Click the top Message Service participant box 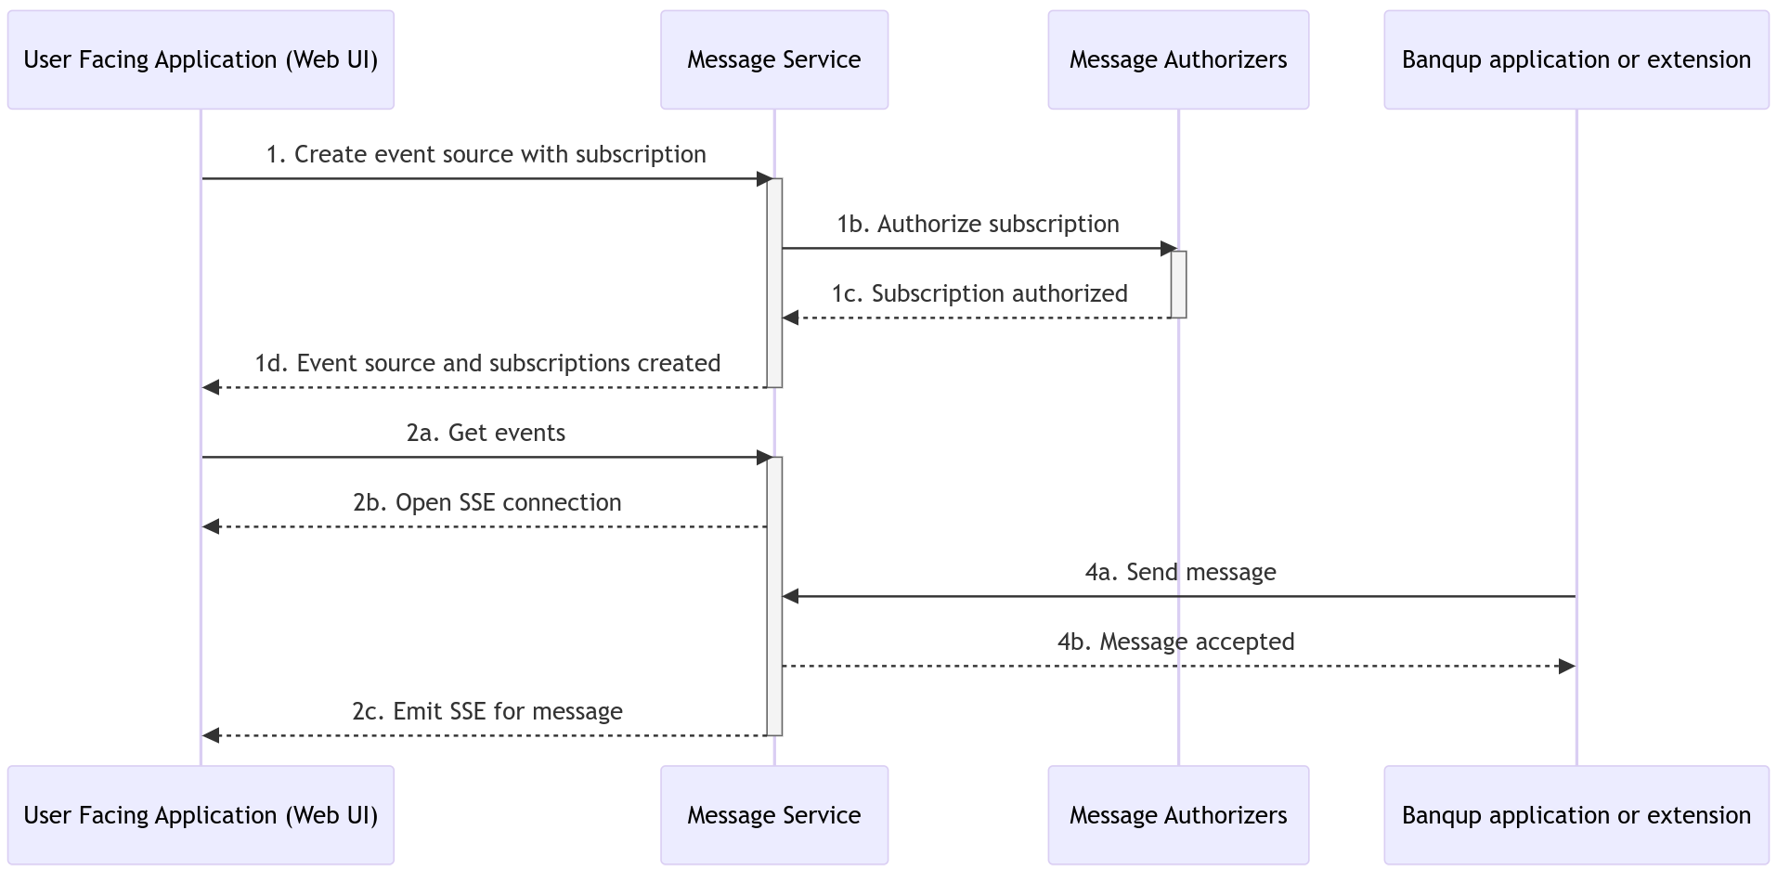point(773,60)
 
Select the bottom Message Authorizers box point(1177,815)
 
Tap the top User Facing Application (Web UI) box point(201,60)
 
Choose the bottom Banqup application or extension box point(1576,815)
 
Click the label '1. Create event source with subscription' point(486,154)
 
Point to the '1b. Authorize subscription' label point(978,224)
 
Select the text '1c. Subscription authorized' point(979,293)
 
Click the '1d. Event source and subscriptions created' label point(487,363)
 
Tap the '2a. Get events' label point(486,433)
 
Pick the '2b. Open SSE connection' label point(486,502)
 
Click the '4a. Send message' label point(1180,572)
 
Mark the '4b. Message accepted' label point(1175,642)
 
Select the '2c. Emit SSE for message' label point(486,711)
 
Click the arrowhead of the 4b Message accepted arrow point(1566,666)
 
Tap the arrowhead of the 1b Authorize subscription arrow point(1169,248)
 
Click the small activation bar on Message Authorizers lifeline point(1178,284)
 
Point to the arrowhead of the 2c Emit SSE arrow point(212,735)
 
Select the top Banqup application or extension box point(1576,60)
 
